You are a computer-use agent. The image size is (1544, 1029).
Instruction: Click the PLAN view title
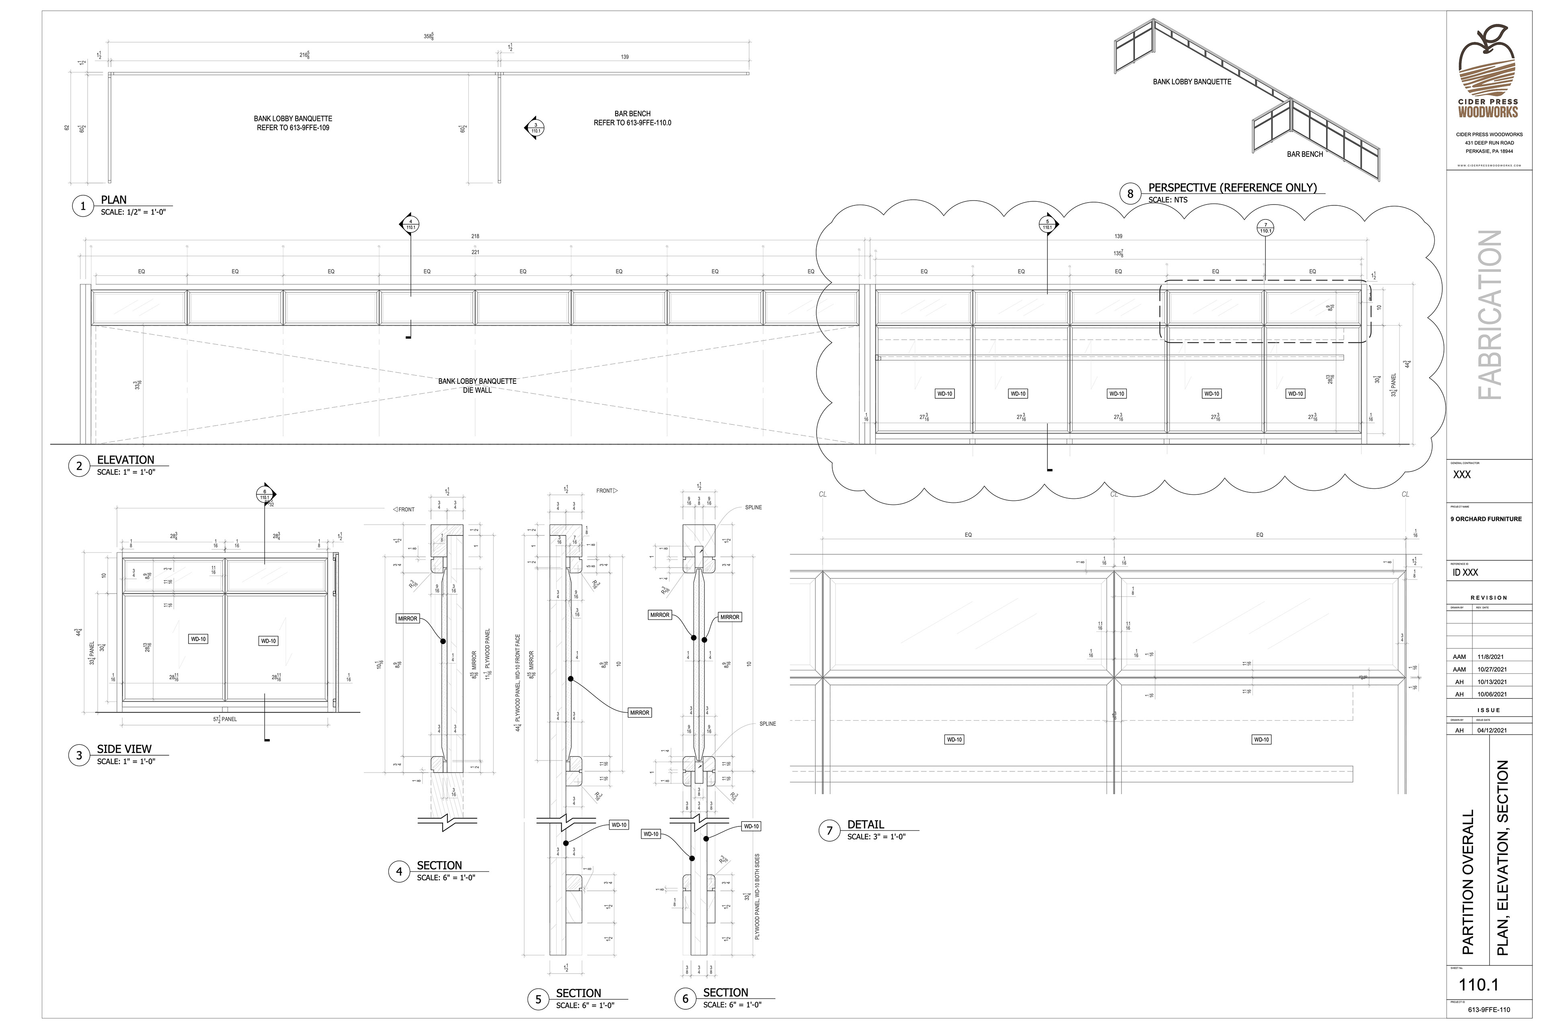(x=113, y=199)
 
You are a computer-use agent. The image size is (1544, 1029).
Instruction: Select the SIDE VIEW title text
(x=124, y=749)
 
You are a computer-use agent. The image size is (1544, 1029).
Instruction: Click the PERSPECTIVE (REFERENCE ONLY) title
(x=1232, y=188)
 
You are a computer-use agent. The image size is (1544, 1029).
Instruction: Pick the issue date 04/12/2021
(x=1491, y=730)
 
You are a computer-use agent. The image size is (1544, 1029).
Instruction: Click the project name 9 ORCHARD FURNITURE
(x=1486, y=519)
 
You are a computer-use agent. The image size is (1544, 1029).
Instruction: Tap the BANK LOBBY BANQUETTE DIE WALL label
(x=477, y=385)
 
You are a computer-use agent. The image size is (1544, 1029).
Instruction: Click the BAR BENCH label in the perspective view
(x=1304, y=154)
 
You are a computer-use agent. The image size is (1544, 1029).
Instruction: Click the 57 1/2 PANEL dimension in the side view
(x=224, y=719)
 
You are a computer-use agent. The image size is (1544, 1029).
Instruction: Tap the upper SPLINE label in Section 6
(x=753, y=507)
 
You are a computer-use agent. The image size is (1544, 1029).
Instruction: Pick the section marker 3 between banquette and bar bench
(x=536, y=128)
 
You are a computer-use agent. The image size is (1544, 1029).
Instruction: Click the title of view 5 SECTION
(x=578, y=993)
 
